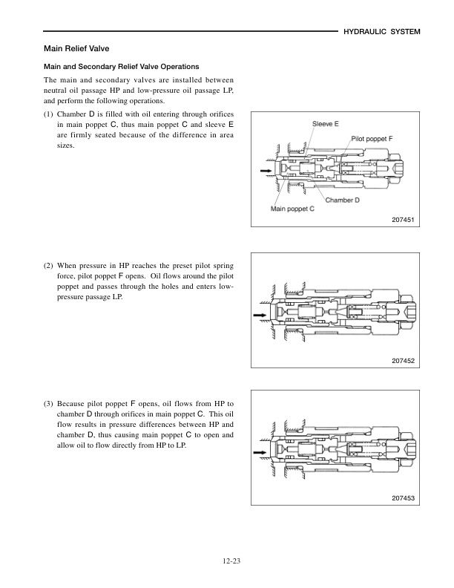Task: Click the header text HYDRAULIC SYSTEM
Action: point(382,32)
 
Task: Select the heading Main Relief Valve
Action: point(76,48)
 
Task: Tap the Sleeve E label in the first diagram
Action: point(326,124)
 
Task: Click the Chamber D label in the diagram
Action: point(342,200)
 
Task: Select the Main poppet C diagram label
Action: point(292,209)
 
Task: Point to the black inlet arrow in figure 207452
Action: point(260,316)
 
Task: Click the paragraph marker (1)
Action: point(49,114)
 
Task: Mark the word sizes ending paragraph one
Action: point(66,146)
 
